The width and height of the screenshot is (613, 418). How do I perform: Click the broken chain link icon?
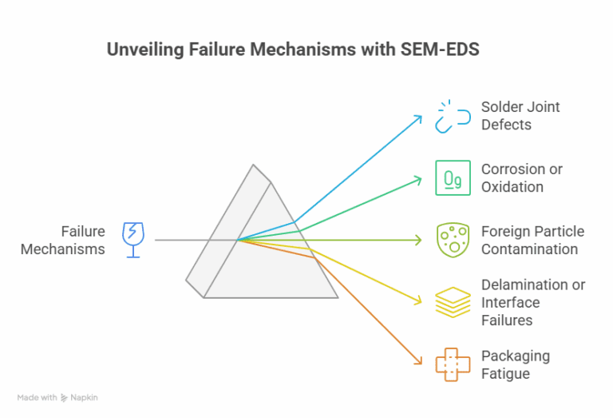pos(453,116)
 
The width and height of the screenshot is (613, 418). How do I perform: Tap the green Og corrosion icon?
pos(453,177)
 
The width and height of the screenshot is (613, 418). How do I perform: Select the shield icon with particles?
pos(453,240)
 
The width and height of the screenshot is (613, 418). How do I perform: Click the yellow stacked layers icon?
pos(453,302)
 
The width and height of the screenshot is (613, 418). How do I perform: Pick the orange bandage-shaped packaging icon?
pos(453,364)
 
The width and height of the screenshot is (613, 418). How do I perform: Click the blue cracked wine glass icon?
pos(132,240)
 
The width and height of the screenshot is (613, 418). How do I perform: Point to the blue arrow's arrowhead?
pos(420,117)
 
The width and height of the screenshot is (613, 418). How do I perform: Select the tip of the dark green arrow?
pos(421,240)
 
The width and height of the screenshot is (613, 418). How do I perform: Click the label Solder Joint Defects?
pos(520,116)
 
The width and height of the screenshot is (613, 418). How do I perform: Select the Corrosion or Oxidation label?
pos(521,177)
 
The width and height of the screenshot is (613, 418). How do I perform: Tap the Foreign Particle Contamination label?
pos(532,240)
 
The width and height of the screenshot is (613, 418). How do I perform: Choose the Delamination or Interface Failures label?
pos(532,302)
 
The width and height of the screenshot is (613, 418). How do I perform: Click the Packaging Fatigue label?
pos(515,364)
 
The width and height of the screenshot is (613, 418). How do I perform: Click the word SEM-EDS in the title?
pos(443,50)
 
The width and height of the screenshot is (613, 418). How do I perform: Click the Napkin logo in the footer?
pos(79,397)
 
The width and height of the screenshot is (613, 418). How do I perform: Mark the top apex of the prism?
pos(254,165)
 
